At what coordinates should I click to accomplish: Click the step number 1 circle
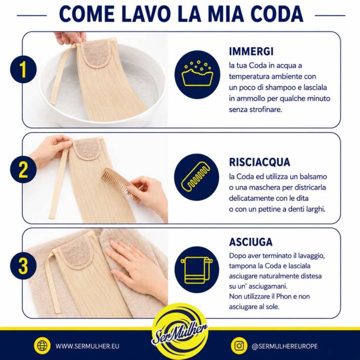tap(23, 70)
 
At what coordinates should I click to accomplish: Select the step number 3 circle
tap(23, 266)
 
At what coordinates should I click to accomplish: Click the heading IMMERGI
tap(251, 51)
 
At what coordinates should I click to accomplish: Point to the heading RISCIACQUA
tap(259, 162)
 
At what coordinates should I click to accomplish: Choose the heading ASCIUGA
tap(251, 242)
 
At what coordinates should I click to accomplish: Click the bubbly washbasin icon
tap(197, 73)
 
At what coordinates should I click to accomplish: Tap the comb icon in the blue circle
tap(196, 177)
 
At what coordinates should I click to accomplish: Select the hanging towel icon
tap(196, 270)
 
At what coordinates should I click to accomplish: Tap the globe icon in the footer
tap(42, 346)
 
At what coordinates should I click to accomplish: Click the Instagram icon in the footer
tap(239, 346)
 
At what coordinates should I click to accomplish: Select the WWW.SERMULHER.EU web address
tap(87, 346)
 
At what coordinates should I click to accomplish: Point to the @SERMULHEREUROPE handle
tap(285, 346)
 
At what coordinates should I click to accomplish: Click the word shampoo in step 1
tap(284, 88)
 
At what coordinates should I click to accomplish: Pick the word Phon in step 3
tap(284, 296)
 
